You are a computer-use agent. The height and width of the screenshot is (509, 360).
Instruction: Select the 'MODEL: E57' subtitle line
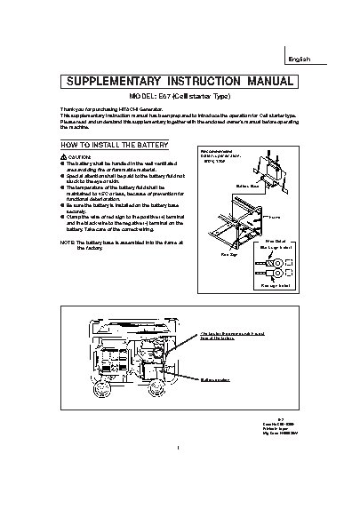[x=178, y=97]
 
